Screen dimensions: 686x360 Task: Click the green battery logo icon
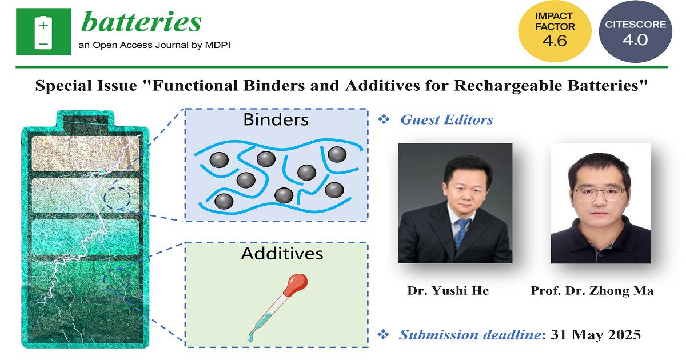point(43,32)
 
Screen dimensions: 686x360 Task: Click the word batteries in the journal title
point(141,22)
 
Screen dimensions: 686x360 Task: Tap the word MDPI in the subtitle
point(217,45)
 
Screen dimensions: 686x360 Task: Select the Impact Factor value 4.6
point(555,41)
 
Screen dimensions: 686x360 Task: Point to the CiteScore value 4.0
point(635,40)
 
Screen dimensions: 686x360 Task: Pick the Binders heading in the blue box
point(276,119)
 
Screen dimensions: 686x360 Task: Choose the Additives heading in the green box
point(282,254)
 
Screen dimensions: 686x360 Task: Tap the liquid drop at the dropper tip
point(251,338)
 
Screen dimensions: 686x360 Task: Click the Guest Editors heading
point(447,119)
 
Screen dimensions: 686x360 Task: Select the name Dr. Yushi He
point(448,290)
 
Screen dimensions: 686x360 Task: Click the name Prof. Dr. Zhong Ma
point(592,290)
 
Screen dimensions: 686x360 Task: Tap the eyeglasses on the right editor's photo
point(599,194)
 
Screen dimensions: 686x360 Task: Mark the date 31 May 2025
point(596,335)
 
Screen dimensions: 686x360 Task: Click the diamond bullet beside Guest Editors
point(384,119)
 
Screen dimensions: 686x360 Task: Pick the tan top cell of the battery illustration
point(85,153)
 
